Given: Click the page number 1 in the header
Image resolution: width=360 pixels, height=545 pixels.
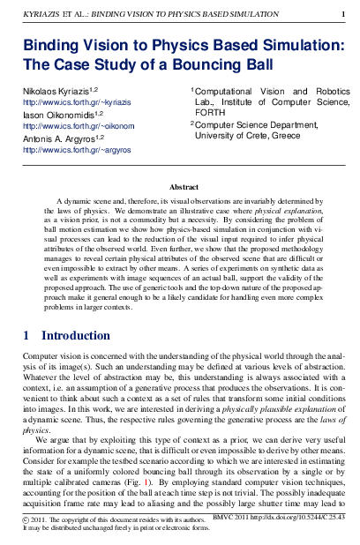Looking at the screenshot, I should (x=342, y=14).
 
